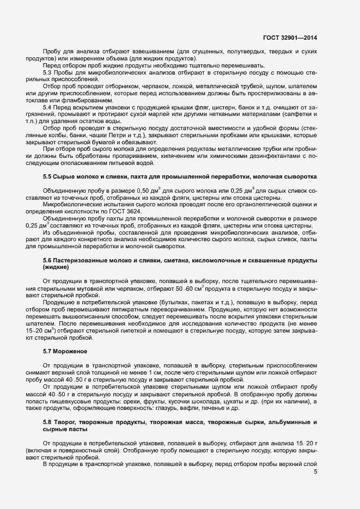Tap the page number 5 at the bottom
pyautogui.click(x=316, y=472)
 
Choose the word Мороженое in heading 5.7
pyautogui.click(x=70, y=352)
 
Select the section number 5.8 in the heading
pyautogui.click(x=47, y=422)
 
